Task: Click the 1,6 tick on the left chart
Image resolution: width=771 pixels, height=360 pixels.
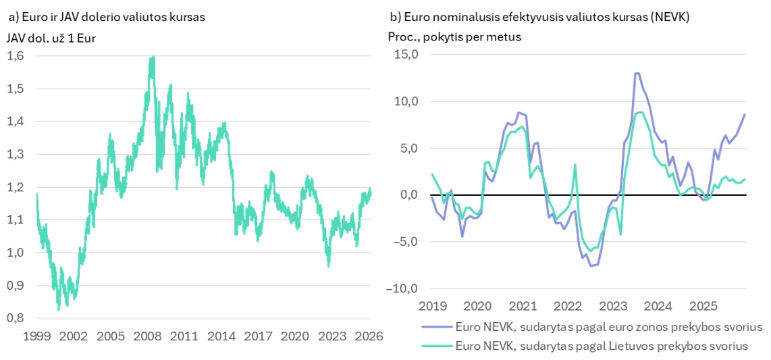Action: click(16, 56)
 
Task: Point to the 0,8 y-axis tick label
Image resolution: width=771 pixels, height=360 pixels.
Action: click(16, 318)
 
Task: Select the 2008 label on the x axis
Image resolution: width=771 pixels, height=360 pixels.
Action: click(147, 336)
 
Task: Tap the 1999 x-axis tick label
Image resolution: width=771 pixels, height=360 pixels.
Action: click(36, 336)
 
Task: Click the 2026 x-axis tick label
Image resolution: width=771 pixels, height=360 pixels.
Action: click(369, 336)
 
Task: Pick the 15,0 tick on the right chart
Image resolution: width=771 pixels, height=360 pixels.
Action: click(406, 55)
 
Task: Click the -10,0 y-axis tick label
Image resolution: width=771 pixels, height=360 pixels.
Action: click(402, 288)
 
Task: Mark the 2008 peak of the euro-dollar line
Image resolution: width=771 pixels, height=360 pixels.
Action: click(153, 57)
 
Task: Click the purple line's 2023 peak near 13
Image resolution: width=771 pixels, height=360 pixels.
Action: click(637, 73)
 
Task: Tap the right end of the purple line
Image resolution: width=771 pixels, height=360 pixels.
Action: click(745, 114)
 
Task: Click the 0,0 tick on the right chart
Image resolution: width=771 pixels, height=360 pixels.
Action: click(408, 195)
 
